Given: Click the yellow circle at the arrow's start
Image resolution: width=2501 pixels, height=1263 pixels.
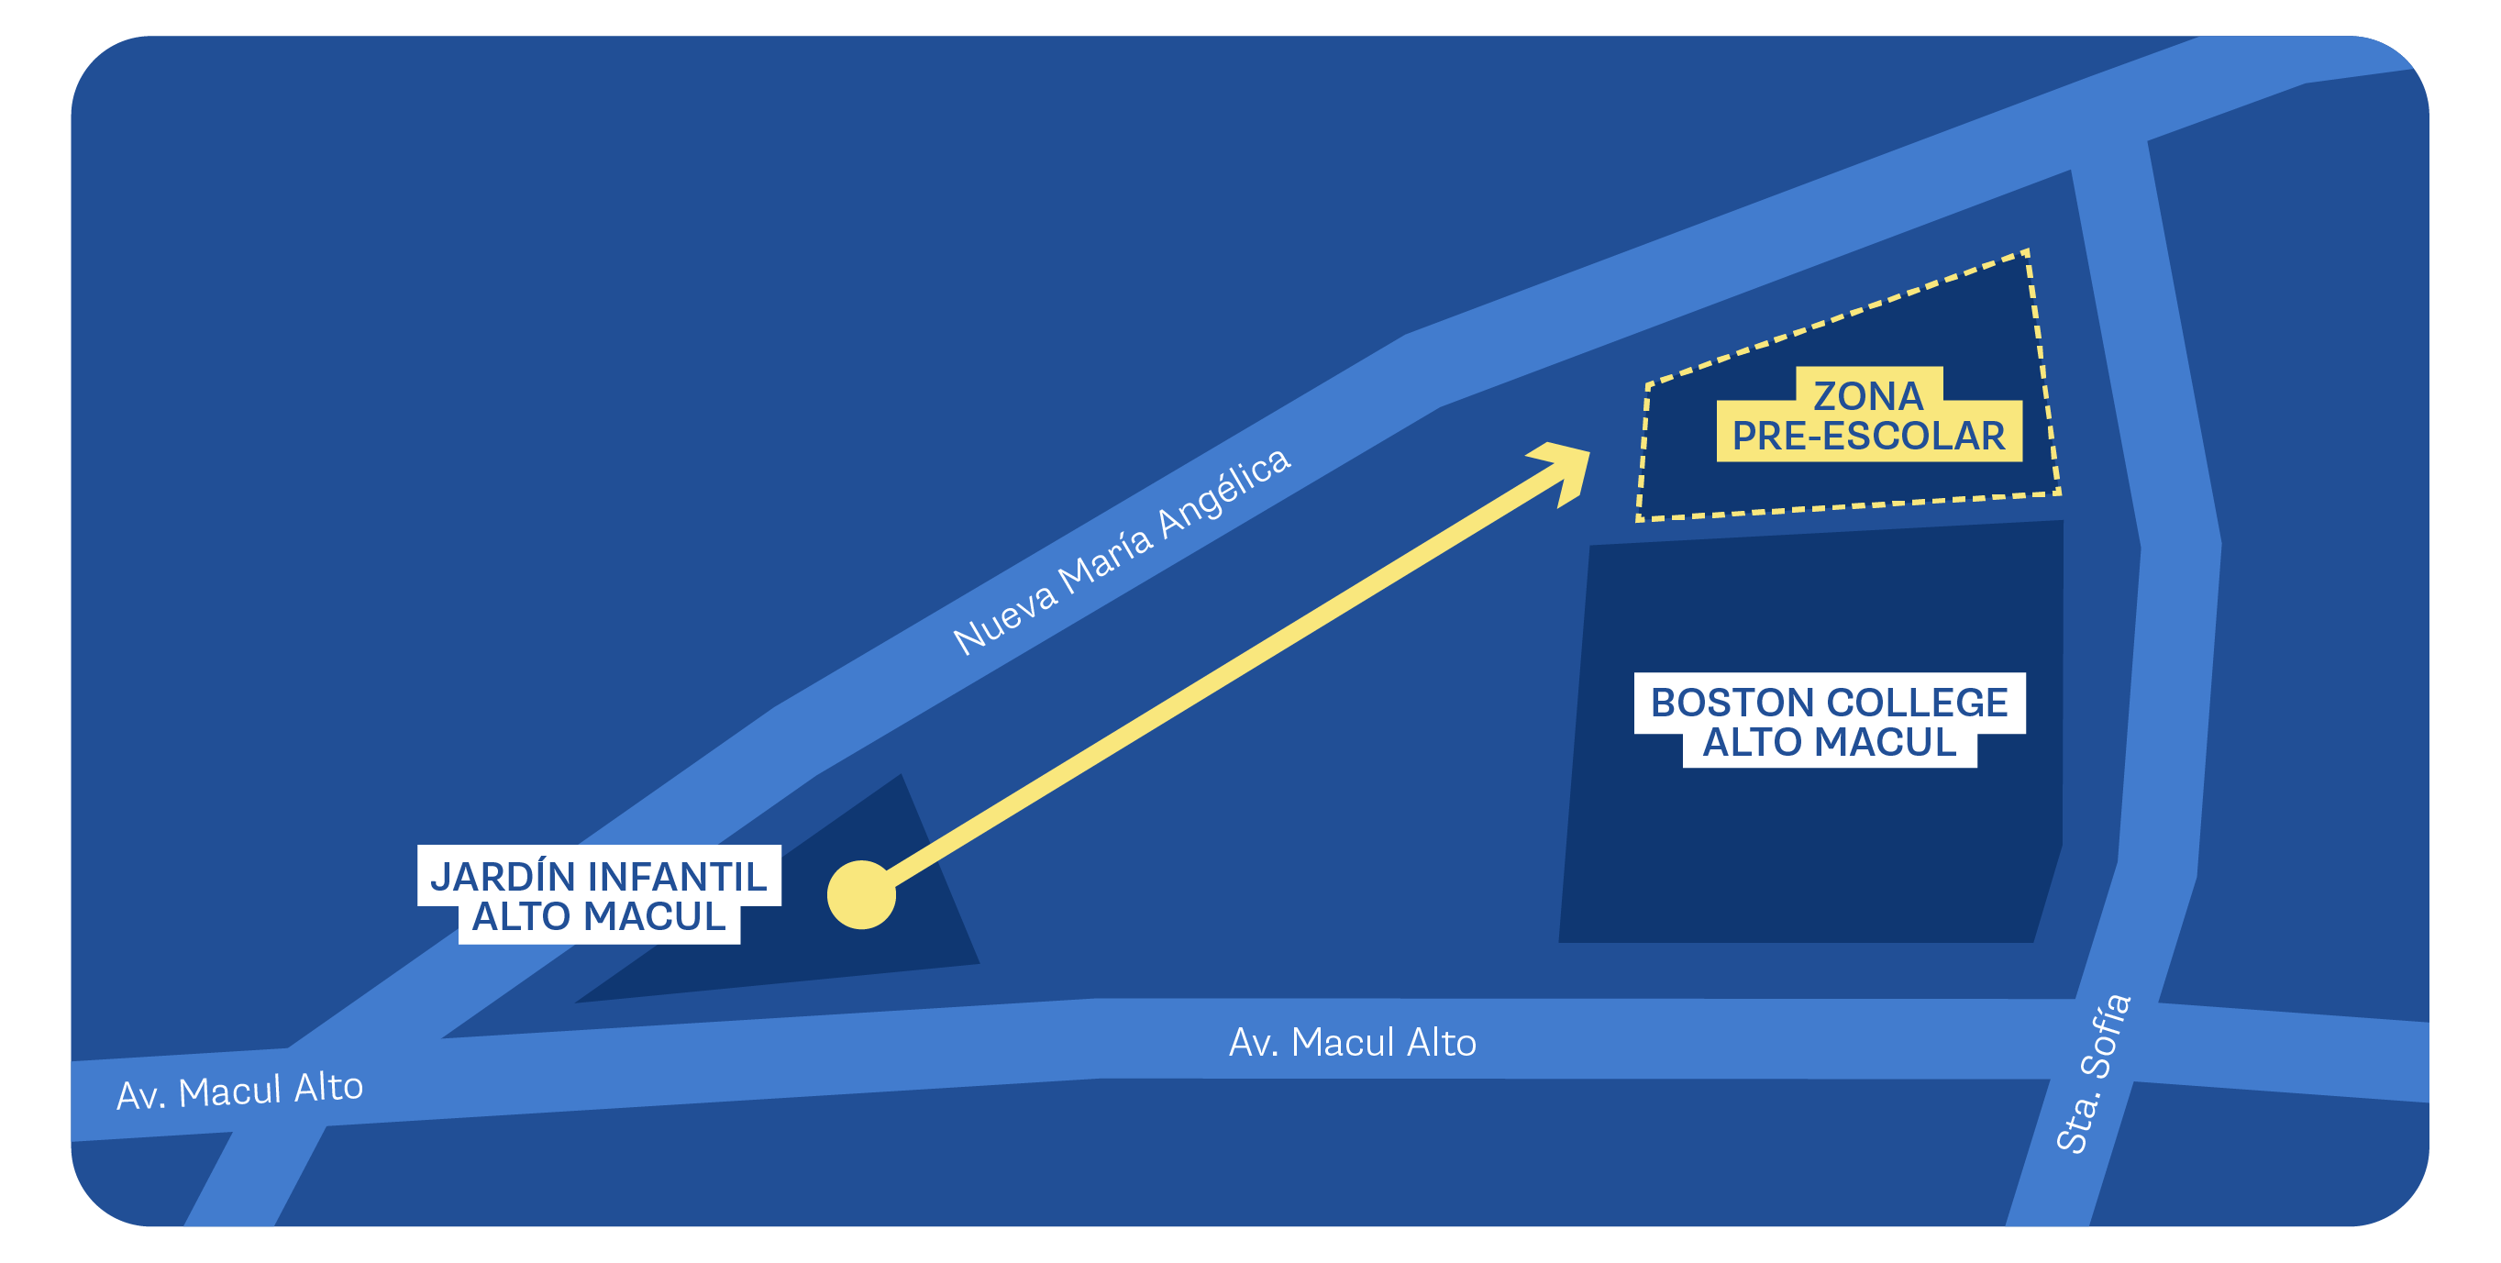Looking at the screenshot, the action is tap(861, 894).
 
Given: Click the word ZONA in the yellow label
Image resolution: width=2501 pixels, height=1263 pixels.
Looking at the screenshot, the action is tap(1868, 396).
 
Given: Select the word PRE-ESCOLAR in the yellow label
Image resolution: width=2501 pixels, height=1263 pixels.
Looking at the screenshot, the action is tap(1868, 436).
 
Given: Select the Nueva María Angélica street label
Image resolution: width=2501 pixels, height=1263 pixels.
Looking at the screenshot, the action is tap(1122, 550).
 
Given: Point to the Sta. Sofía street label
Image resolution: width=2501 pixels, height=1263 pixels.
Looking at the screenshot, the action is tap(2094, 1073).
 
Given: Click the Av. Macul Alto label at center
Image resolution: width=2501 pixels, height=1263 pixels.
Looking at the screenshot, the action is tap(1353, 1042).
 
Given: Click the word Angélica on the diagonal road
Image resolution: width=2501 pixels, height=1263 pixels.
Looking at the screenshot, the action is tap(1225, 491).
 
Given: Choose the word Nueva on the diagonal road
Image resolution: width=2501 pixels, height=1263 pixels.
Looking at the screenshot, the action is tap(1005, 619).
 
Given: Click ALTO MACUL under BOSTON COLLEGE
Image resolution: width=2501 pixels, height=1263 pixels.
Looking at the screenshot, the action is tap(1829, 742).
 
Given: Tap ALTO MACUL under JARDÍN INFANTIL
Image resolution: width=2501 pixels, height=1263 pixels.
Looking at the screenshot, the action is tap(599, 915).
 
